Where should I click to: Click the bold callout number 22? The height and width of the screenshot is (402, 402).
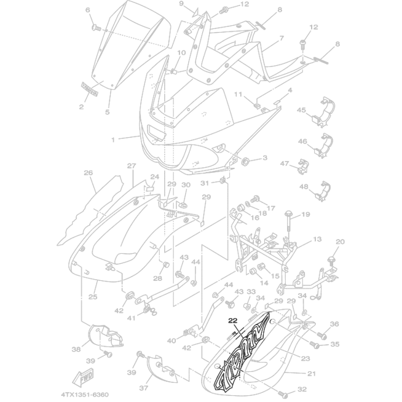[x=232, y=320]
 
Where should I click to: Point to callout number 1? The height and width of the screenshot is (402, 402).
[x=113, y=140]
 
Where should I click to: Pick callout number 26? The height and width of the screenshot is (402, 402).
[x=88, y=173]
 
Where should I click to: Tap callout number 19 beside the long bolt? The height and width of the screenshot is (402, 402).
[x=305, y=214]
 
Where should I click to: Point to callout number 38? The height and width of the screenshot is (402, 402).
[x=76, y=349]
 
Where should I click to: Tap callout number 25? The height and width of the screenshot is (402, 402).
[x=93, y=297]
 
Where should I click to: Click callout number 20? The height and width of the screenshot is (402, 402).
[x=340, y=242]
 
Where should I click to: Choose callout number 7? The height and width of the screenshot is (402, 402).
[x=281, y=38]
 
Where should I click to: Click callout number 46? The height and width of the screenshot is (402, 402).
[x=302, y=141]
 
